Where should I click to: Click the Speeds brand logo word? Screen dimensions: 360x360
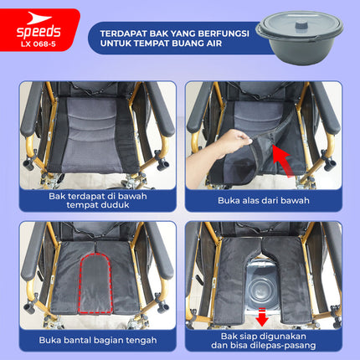[39, 32]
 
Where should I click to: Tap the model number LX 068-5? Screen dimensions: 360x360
[39, 44]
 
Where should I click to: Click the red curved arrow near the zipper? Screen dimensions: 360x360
[283, 160]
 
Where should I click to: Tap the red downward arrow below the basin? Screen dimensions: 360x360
[262, 316]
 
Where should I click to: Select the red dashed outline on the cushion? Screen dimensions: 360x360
[95, 283]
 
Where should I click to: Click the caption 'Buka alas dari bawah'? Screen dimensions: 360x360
[264, 200]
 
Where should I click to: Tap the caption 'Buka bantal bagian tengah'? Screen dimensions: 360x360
[98, 340]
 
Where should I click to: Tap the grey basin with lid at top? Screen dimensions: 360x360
[300, 38]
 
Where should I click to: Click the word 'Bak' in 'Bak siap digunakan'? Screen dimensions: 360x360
[229, 336]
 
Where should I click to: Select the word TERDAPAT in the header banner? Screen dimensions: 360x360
[124, 33]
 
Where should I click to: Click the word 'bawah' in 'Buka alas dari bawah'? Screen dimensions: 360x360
[297, 200]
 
